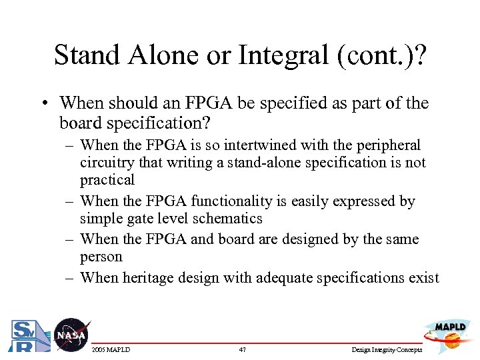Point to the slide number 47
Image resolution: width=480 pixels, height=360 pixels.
coord(242,350)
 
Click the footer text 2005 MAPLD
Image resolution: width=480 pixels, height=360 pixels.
coord(111,350)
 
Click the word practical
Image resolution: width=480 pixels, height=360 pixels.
coord(107,180)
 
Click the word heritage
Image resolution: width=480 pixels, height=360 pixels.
coord(145,277)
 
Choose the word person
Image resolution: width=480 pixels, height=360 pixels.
coord(101,257)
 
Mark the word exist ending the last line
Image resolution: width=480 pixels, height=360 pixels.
coord(424,277)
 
